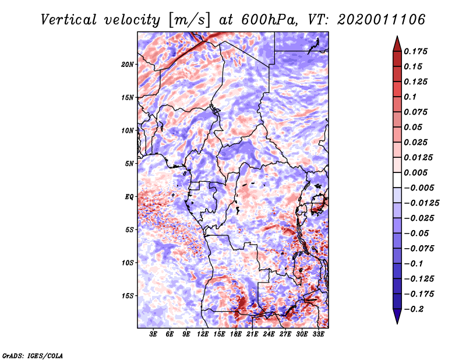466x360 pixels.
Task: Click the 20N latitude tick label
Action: click(128, 64)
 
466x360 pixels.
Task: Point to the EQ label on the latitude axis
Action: click(129, 196)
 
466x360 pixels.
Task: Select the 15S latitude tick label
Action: click(128, 295)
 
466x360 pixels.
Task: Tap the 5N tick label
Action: click(129, 163)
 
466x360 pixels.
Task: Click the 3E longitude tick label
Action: click(154, 334)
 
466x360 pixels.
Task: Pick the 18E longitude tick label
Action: click(236, 334)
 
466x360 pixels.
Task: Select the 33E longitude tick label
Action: click(319, 334)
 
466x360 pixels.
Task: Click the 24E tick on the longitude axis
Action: click(269, 334)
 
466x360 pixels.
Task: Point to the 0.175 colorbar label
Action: click(416, 51)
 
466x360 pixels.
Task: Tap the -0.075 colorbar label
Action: click(418, 248)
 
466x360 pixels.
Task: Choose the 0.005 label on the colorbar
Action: click(416, 172)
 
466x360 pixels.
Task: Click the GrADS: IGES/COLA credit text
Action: click(33, 355)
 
